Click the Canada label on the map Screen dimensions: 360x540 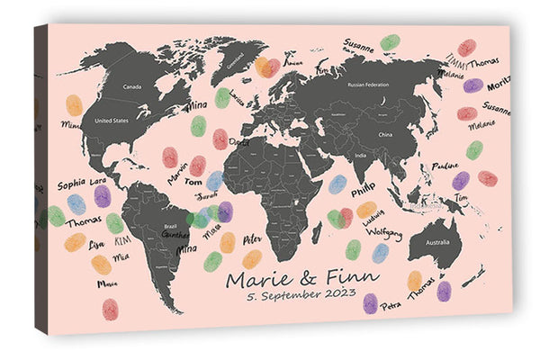[x=132, y=87]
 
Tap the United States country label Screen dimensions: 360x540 [x=112, y=120]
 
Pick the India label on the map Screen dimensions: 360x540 [x=360, y=156]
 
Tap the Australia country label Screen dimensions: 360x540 [x=439, y=244]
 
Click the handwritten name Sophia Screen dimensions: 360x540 [x=71, y=184]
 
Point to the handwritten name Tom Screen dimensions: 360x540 [x=193, y=182]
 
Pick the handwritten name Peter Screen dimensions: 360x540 [x=253, y=240]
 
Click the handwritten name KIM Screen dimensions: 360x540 [x=123, y=241]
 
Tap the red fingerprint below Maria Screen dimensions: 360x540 [x=110, y=309]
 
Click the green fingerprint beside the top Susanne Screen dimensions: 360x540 [x=390, y=42]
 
